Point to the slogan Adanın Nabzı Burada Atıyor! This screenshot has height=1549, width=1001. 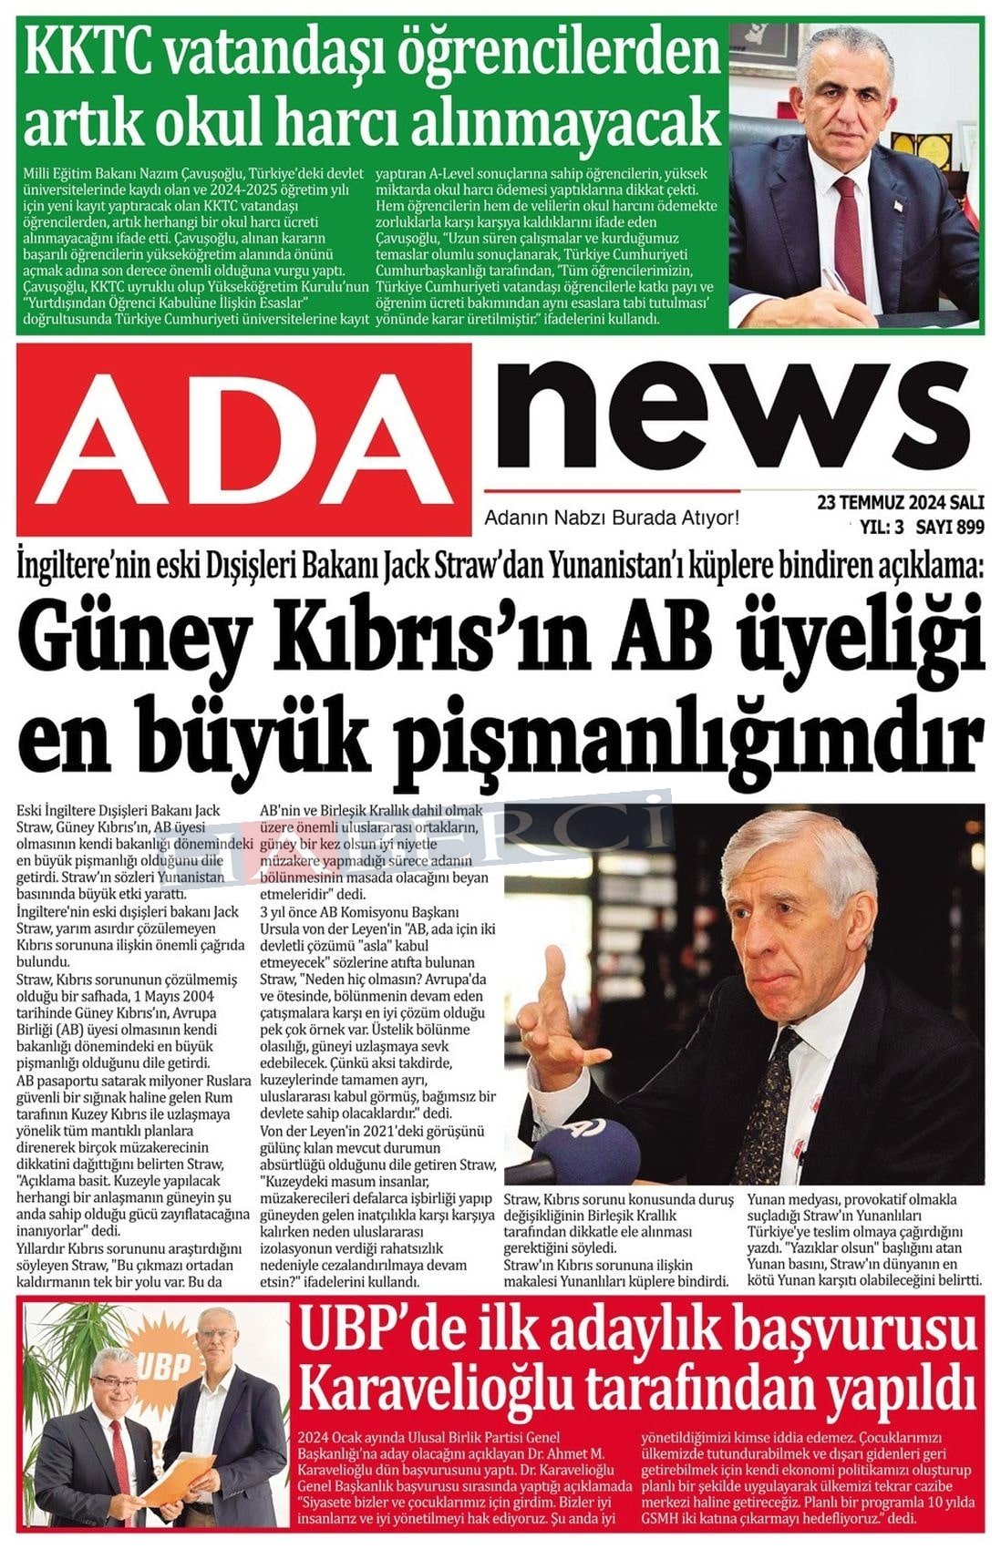tap(611, 518)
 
